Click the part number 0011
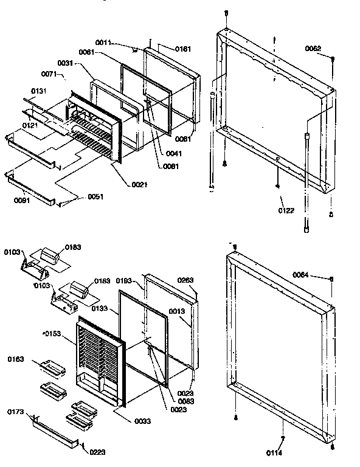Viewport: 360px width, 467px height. [103, 42]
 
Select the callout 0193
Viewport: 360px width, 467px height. [125, 282]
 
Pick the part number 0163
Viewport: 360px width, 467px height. [16, 360]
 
